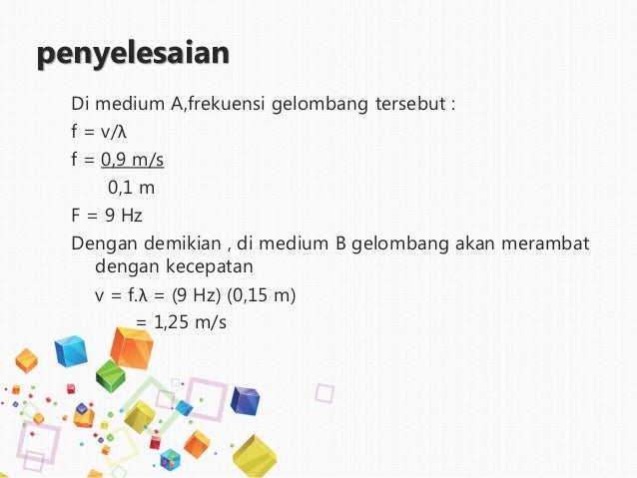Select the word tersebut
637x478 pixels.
coord(412,102)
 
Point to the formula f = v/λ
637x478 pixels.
coord(101,130)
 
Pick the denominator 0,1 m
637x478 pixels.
coord(131,186)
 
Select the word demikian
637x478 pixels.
coord(177,242)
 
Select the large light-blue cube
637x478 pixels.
coord(71,350)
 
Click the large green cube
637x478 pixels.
coord(109,374)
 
